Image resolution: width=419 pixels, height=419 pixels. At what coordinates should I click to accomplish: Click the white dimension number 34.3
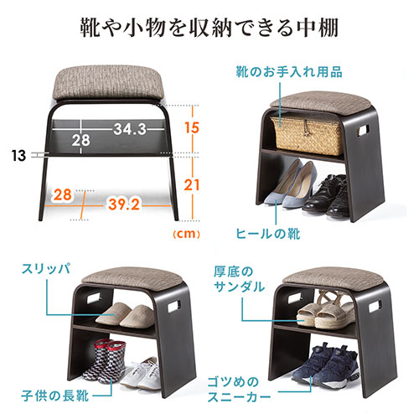click(130, 129)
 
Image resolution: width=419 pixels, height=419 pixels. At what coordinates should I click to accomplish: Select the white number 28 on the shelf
click(81, 140)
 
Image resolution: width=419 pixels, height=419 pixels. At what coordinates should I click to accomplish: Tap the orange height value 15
click(192, 127)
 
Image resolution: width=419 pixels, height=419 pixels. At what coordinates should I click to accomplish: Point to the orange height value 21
click(192, 185)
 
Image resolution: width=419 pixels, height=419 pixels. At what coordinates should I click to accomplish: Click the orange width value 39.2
click(124, 204)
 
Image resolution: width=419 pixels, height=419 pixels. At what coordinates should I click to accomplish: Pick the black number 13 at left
click(18, 156)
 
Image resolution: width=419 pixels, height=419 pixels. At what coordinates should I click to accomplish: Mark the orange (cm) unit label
click(186, 234)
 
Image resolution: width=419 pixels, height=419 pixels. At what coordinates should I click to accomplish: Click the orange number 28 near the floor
click(63, 194)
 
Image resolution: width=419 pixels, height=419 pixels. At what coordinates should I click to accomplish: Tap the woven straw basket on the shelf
click(308, 135)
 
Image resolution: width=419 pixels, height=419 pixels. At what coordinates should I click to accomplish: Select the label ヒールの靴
click(268, 234)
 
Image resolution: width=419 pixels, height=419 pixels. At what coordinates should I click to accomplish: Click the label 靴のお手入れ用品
click(289, 72)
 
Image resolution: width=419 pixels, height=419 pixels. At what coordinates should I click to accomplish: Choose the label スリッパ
click(46, 269)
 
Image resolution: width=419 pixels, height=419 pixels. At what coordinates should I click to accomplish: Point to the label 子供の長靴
click(55, 396)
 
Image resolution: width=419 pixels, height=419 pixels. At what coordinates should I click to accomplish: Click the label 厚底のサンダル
click(240, 279)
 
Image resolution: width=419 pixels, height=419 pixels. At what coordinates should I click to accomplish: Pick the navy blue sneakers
click(325, 365)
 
